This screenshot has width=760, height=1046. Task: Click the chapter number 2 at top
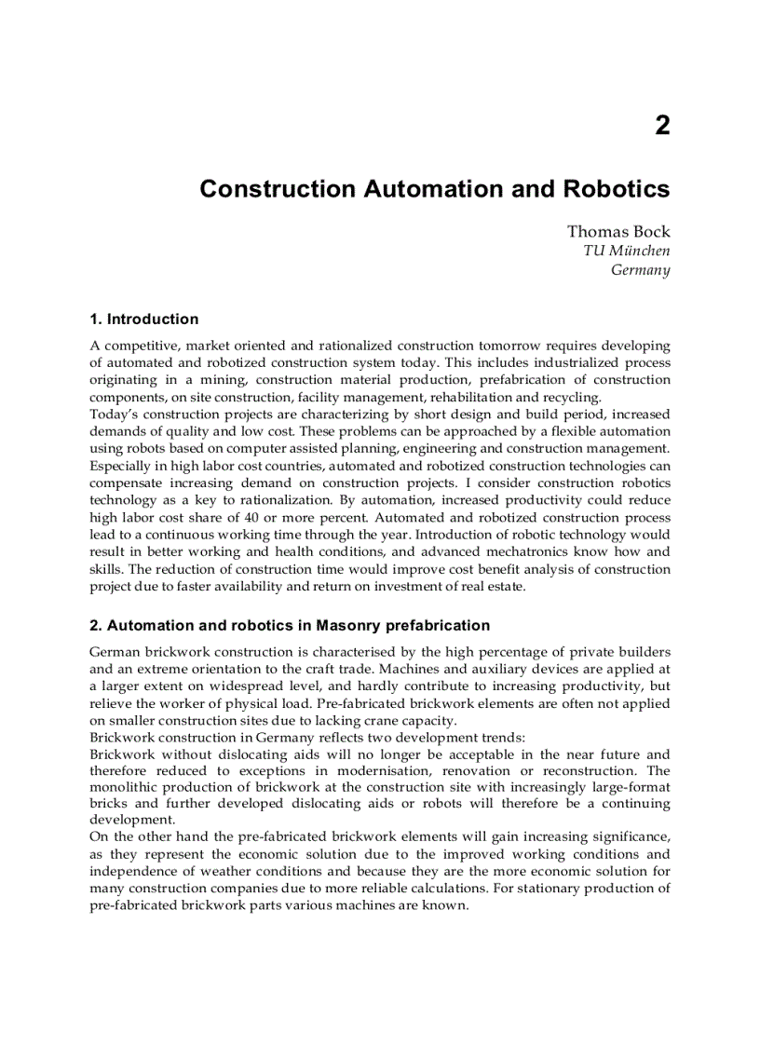click(661, 126)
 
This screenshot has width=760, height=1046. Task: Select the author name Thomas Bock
click(617, 231)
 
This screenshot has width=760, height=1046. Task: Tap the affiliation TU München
click(626, 251)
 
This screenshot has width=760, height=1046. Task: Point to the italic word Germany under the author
click(640, 270)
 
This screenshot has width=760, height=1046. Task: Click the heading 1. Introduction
click(143, 319)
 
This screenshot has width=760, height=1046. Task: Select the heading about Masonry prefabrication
click(290, 625)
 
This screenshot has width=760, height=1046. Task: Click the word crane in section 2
click(384, 720)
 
